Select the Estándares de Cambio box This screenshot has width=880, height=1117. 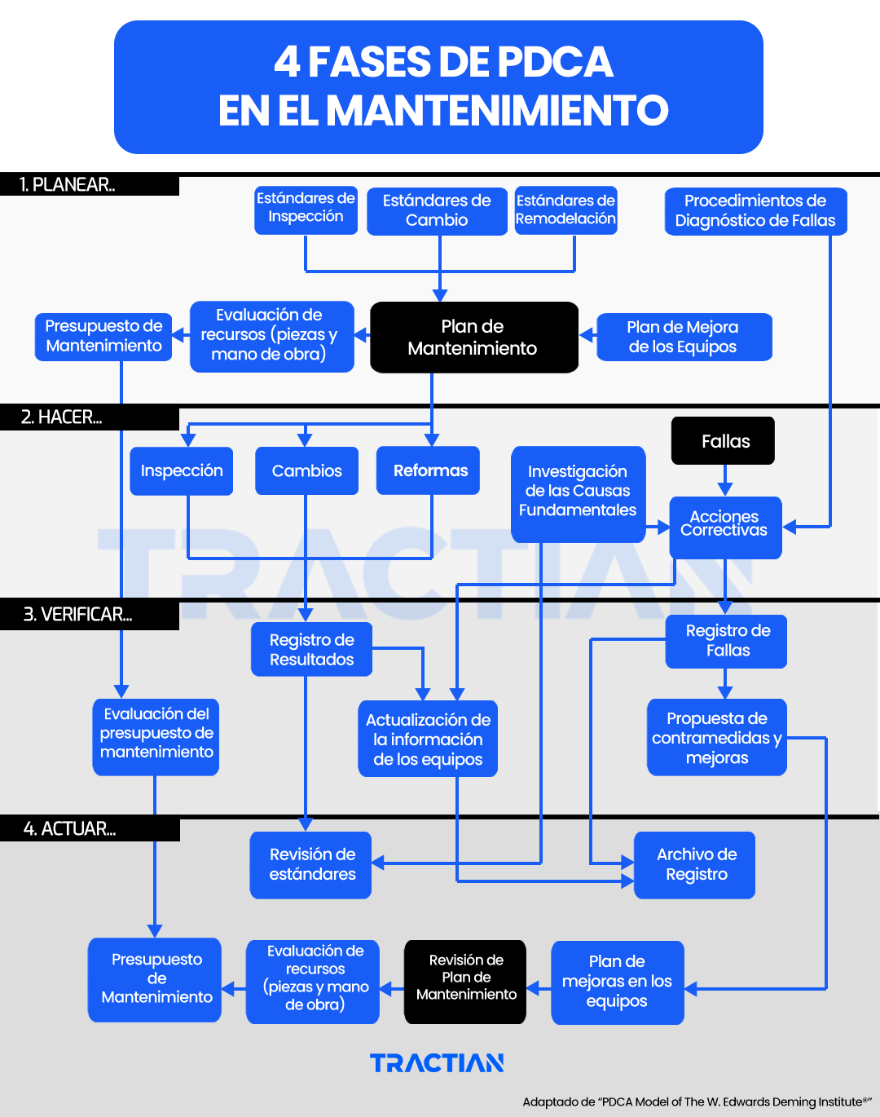click(x=437, y=211)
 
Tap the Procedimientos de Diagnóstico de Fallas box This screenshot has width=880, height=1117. click(x=755, y=211)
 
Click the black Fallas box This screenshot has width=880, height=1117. click(x=723, y=441)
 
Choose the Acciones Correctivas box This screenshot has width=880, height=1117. click(x=725, y=527)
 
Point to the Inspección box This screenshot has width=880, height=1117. click(x=182, y=470)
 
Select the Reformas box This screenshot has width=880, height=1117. click(x=429, y=470)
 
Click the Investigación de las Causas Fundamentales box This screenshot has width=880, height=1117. click(x=578, y=492)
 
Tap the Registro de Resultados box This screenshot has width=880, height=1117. click(x=311, y=650)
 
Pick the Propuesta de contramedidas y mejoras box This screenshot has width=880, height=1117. click(x=717, y=738)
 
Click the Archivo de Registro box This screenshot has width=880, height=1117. click(x=695, y=865)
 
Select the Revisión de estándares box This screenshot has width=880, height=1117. click(x=311, y=865)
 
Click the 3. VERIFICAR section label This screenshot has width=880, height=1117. click(x=77, y=615)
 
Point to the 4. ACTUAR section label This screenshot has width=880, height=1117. click(x=70, y=829)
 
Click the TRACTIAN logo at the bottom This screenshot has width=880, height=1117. click(x=437, y=1063)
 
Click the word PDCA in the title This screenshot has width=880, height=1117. click(x=555, y=63)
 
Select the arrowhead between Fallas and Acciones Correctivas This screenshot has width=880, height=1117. click(x=725, y=488)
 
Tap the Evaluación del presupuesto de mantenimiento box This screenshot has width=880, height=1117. click(x=156, y=734)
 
